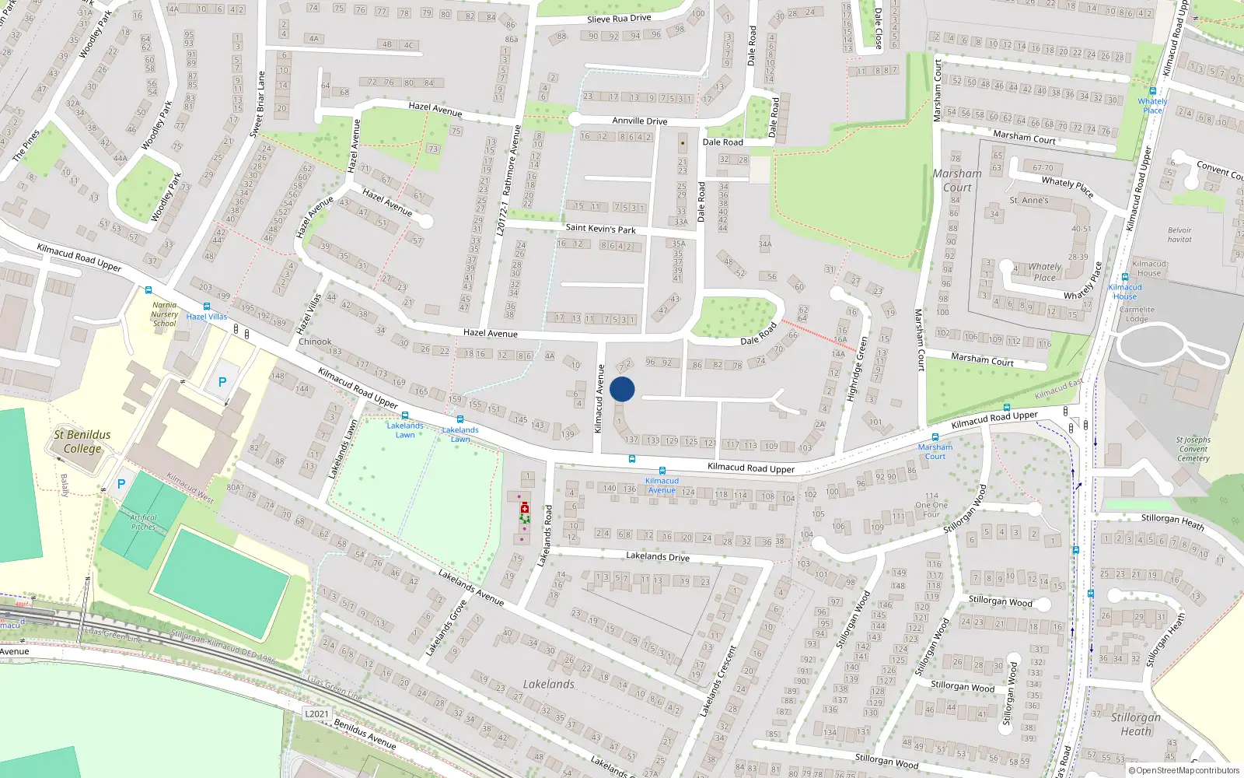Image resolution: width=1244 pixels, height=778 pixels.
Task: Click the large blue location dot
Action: click(x=622, y=389)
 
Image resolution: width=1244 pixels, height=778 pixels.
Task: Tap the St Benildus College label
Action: click(x=82, y=441)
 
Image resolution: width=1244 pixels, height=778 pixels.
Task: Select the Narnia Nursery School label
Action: click(x=165, y=314)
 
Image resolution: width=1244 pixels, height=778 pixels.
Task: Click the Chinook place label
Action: click(x=315, y=342)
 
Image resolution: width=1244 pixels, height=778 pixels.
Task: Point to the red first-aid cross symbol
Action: click(x=525, y=508)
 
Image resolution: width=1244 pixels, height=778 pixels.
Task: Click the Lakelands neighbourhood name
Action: click(x=548, y=684)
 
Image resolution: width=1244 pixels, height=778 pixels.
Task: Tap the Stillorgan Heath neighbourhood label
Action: click(x=1136, y=724)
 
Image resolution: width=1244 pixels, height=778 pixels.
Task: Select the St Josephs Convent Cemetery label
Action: click(x=1193, y=449)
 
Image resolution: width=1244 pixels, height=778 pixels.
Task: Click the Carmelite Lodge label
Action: click(x=1137, y=314)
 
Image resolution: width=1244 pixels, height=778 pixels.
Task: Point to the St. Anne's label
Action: click(x=1029, y=200)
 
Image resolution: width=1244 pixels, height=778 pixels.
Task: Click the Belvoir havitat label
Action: click(x=1179, y=234)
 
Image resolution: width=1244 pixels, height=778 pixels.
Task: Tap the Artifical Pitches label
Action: click(x=143, y=522)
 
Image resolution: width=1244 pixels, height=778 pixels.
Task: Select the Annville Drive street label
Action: click(x=639, y=121)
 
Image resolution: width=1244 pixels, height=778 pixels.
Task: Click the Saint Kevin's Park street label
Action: click(x=600, y=229)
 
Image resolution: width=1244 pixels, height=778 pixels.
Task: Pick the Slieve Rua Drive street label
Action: click(x=619, y=19)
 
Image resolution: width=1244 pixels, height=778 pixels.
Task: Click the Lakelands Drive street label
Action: click(x=658, y=556)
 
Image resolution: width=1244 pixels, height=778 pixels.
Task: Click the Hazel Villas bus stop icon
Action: click(x=206, y=307)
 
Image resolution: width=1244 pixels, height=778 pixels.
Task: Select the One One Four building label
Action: click(x=931, y=505)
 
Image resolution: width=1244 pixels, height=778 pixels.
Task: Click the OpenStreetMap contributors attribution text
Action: click(x=1183, y=771)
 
